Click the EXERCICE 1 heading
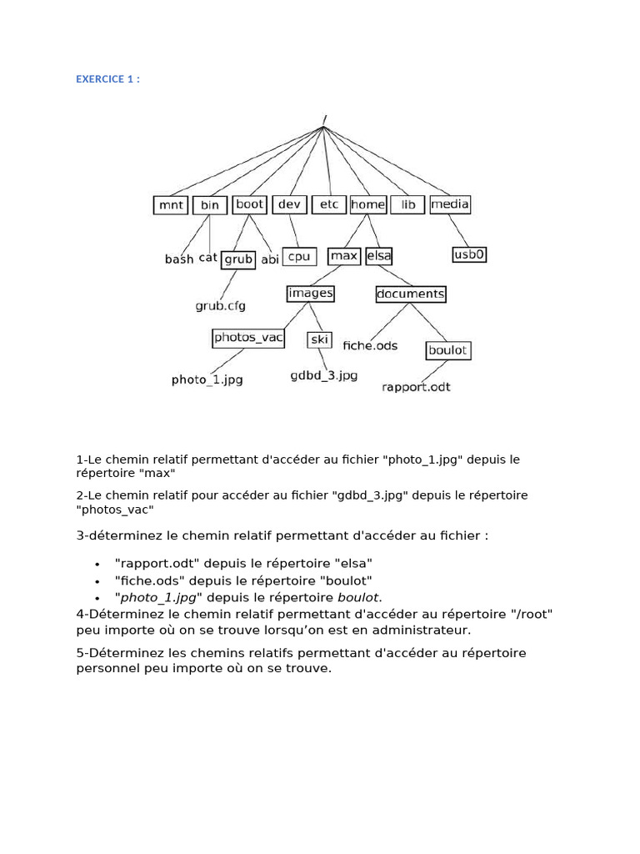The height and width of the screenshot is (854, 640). (108, 79)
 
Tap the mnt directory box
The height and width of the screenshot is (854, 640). (171, 205)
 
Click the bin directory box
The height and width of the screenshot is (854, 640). (210, 205)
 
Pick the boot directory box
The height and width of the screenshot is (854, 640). (249, 203)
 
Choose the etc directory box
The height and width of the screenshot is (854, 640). (329, 204)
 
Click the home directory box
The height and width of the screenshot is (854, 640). (367, 204)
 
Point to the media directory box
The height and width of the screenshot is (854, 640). (450, 203)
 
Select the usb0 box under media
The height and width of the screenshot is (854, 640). (469, 254)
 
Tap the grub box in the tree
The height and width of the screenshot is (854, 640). (238, 259)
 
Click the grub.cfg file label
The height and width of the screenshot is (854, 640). (221, 306)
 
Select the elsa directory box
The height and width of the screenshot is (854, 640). (379, 256)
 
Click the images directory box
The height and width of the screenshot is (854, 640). (310, 293)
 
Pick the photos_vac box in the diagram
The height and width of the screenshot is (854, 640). (248, 338)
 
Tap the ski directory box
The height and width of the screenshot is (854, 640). (320, 339)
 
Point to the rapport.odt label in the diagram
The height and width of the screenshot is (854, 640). (416, 387)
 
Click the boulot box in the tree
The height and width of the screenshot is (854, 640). (447, 351)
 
